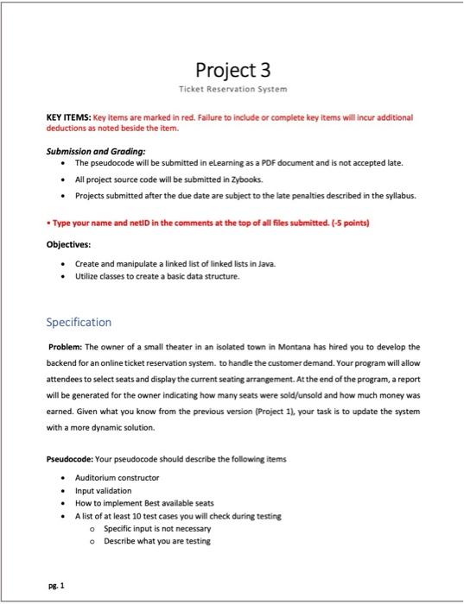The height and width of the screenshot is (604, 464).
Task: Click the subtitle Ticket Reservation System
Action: click(232, 89)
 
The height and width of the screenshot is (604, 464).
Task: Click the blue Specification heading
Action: click(79, 322)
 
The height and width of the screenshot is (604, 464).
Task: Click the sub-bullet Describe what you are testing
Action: click(156, 541)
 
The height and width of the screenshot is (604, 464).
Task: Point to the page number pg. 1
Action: click(56, 584)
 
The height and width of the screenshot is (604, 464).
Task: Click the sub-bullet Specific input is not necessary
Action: click(154, 528)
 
